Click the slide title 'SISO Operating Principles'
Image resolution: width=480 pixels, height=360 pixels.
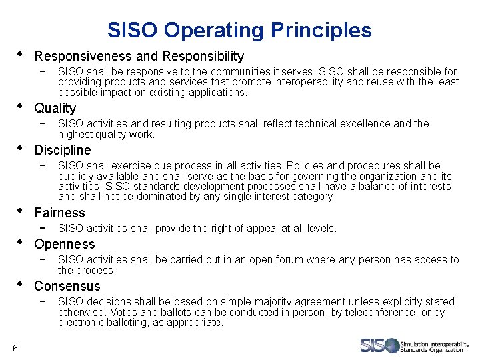pyautogui.click(x=239, y=30)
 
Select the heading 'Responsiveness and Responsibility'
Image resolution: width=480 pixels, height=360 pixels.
pyautogui.click(x=139, y=57)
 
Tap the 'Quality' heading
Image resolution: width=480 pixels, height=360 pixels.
pyautogui.click(x=55, y=108)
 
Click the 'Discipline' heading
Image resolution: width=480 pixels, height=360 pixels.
pyautogui.click(x=62, y=150)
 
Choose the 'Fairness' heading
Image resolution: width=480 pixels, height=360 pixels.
pyautogui.click(x=59, y=213)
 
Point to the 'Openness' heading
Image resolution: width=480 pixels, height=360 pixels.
pyautogui.click(x=64, y=244)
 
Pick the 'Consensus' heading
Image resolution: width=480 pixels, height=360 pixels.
pyautogui.click(x=67, y=286)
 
